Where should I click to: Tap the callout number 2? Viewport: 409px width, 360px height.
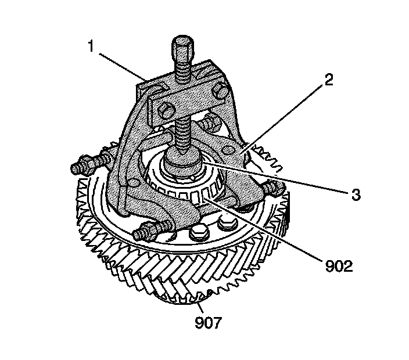coord(329,80)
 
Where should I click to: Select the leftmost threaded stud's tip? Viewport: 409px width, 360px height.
coord(76,169)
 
